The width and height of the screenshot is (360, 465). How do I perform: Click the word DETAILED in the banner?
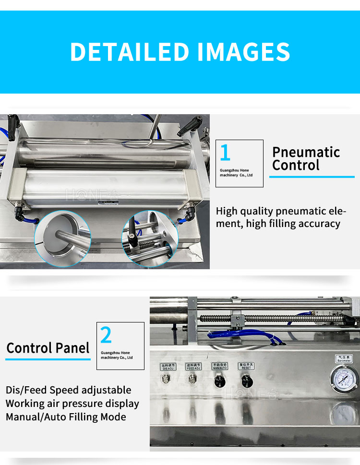pos(130,52)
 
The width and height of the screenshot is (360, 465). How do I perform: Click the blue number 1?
pos(225,153)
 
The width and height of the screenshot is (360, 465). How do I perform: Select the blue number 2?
pos(106,335)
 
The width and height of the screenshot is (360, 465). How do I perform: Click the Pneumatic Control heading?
pos(306,159)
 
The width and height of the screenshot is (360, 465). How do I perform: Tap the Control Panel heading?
pos(48,348)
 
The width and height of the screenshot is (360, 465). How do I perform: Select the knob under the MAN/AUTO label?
pos(219,382)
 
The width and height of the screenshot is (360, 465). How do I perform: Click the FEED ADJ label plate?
pos(193,367)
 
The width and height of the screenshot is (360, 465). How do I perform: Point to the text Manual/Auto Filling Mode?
pos(66,417)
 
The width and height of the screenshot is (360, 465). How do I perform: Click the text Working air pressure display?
pos(72,403)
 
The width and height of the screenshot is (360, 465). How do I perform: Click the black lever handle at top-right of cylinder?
pos(187,128)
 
